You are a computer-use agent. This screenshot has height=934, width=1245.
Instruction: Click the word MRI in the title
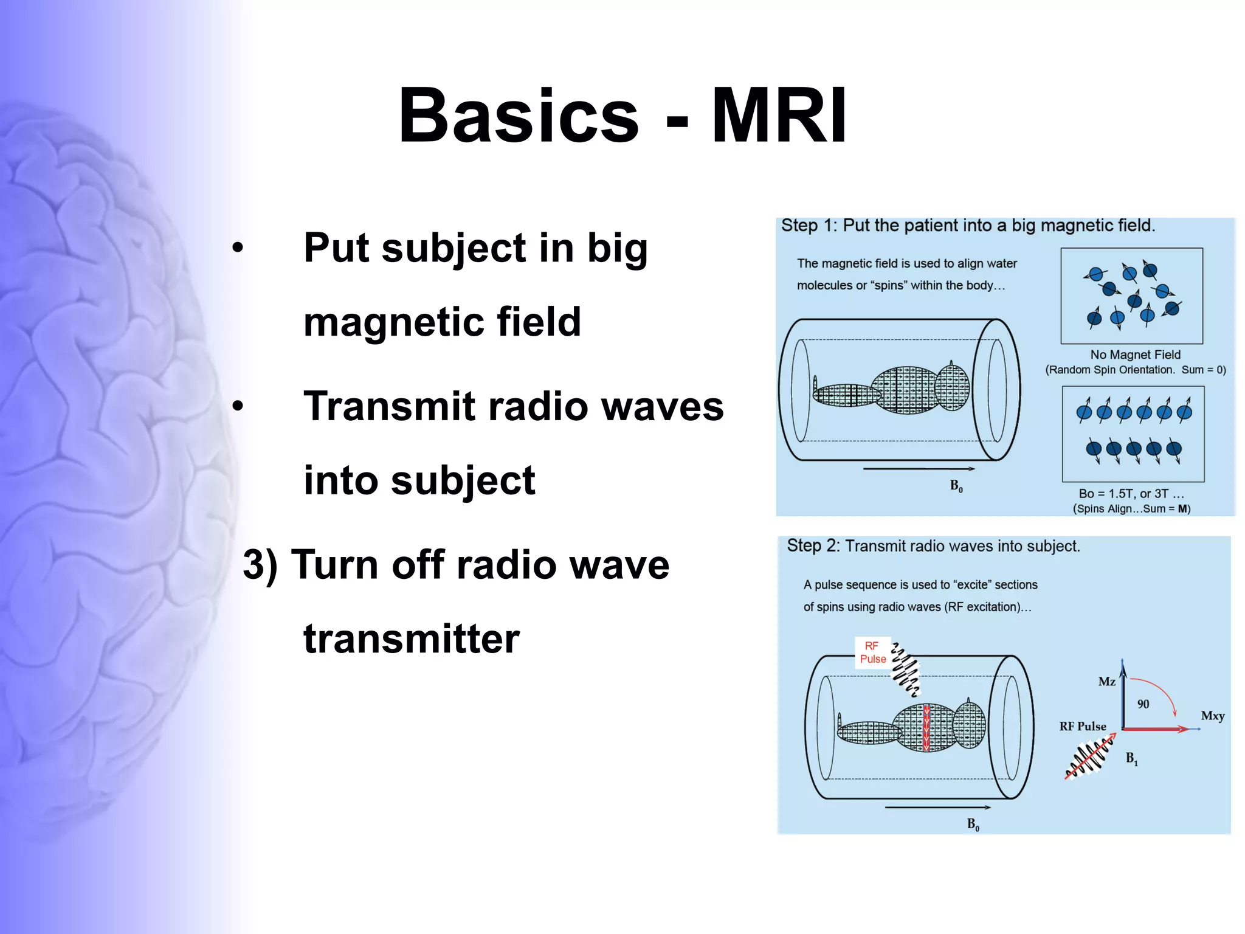tap(779, 116)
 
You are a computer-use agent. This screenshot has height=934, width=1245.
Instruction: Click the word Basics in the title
tap(519, 116)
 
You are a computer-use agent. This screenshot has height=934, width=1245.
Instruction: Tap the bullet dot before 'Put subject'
tap(238, 247)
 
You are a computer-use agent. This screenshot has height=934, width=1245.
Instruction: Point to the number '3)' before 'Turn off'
tap(260, 564)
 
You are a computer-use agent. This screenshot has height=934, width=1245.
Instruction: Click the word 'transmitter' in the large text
tap(412, 639)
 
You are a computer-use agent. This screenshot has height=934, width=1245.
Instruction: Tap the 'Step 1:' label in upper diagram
tap(809, 226)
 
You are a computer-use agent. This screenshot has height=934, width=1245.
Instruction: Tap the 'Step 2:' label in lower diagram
tap(813, 546)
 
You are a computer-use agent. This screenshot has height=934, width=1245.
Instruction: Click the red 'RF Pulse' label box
tap(872, 652)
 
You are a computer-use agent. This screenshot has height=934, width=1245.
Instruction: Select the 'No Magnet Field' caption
tap(1135, 355)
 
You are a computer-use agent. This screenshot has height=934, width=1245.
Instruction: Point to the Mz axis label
tap(1106, 682)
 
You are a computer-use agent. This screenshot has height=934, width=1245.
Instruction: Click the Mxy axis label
tap(1212, 716)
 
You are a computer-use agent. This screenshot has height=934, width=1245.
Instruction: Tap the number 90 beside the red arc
tap(1143, 704)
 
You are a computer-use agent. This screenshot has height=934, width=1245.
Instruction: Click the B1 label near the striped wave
tap(1131, 758)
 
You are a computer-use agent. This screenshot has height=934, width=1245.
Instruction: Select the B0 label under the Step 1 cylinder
tap(956, 486)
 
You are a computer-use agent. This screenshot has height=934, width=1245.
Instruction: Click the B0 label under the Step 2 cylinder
tap(973, 825)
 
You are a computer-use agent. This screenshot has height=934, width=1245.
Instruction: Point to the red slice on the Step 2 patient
tap(926, 728)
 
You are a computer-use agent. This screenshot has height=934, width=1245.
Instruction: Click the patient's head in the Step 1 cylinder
tap(952, 387)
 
